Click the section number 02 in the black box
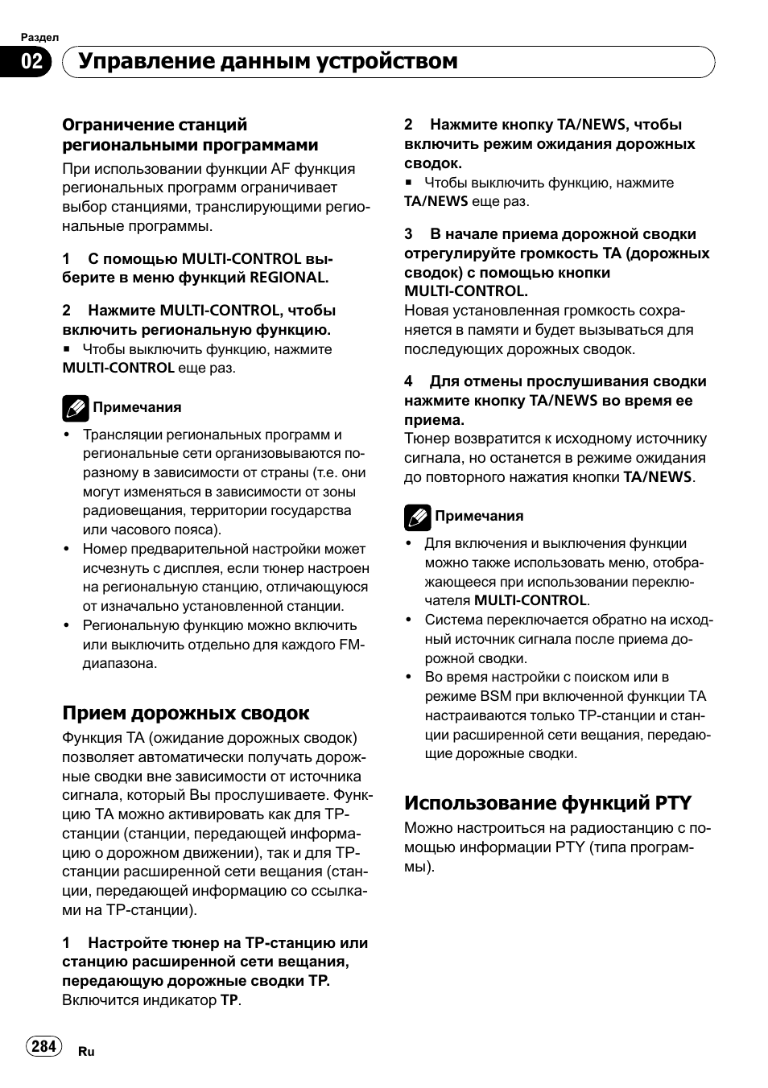pos(31,62)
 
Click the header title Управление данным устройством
pos(267,62)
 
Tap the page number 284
pos(43,1045)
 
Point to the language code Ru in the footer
pos(86,1052)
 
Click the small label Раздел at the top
pos(39,37)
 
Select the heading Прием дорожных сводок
pos(186,713)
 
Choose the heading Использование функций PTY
pos(547,802)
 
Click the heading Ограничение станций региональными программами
pos(190,134)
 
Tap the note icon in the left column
pos(75,408)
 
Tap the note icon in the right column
pos(417,517)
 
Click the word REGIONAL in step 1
pos(287,278)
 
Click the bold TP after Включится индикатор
pos(229,1000)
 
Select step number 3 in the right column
pos(409,234)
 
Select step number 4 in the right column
pos(409,381)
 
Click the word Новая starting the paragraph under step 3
pos(426,311)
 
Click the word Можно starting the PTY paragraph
pos(428,828)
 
